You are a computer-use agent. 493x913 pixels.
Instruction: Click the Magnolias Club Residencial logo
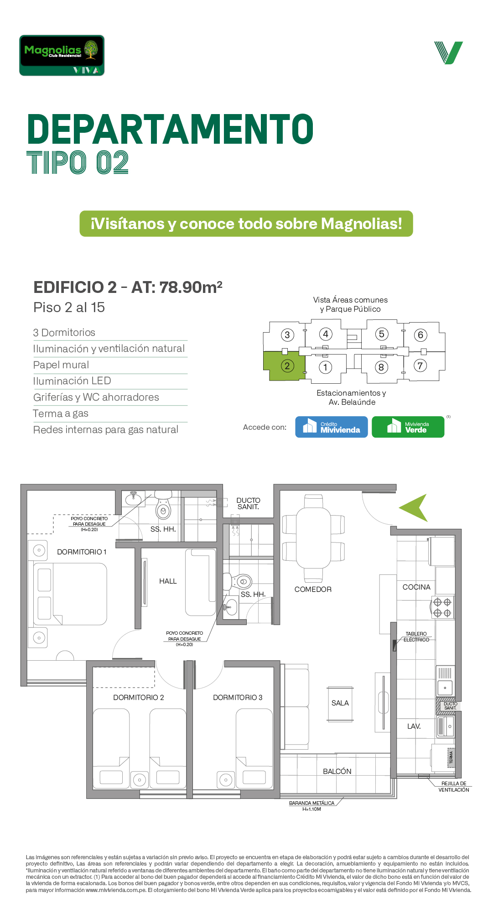[62, 55]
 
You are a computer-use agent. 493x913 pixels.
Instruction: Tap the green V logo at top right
[449, 52]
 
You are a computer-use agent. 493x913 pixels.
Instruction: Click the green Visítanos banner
[246, 224]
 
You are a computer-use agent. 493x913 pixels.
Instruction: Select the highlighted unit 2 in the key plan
[284, 365]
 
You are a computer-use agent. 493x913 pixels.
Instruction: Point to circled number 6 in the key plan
[420, 335]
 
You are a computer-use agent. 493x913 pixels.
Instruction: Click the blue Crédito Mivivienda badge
[332, 427]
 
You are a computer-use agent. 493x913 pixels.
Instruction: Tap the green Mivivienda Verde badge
[408, 427]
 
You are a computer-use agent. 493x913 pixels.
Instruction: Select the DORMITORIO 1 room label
[82, 552]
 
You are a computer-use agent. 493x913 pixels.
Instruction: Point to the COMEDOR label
[313, 590]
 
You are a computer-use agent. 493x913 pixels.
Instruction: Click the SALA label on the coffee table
[340, 703]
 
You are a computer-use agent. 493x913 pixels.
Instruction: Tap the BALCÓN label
[337, 771]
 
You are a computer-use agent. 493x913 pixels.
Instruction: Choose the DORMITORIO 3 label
[238, 698]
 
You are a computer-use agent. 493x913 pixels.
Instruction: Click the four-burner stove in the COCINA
[442, 608]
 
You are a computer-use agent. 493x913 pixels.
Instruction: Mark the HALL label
[168, 581]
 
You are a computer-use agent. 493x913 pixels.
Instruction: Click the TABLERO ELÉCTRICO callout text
[416, 637]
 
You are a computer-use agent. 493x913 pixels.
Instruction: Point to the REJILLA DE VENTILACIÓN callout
[454, 787]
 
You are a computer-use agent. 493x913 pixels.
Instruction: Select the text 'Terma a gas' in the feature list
[61, 413]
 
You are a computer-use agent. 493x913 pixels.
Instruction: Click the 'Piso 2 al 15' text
[69, 308]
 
